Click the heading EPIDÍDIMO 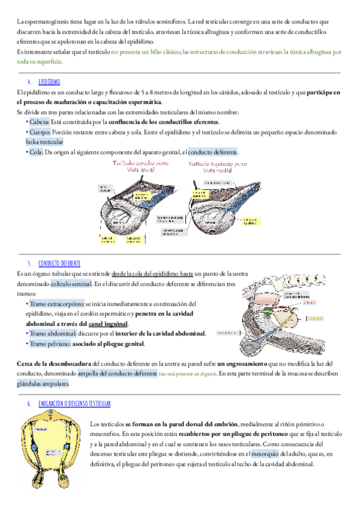click(x=49, y=82)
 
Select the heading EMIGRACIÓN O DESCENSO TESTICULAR click(x=74, y=404)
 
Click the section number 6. click(x=29, y=404)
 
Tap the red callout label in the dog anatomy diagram click(x=311, y=303)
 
